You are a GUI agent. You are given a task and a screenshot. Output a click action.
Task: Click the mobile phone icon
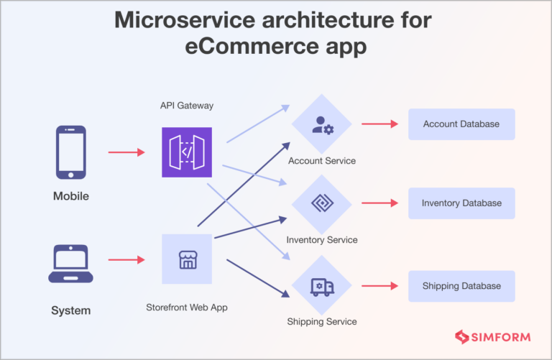tap(70, 152)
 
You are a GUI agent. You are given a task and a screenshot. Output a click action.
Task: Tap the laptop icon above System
tap(70, 264)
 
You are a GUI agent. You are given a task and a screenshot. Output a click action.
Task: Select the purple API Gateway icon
tap(187, 152)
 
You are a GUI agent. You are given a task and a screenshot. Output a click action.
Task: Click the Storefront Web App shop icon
tap(187, 259)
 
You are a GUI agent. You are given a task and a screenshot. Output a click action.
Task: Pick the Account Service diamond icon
tap(321, 124)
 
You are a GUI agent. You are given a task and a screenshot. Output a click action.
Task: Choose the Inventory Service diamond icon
tap(321, 204)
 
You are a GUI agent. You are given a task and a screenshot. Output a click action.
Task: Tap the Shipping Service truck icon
tap(321, 286)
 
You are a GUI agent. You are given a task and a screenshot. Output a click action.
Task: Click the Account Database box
tap(461, 124)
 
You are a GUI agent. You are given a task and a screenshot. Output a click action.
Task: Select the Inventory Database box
tap(461, 203)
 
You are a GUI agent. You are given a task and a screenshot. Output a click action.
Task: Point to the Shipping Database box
tap(461, 286)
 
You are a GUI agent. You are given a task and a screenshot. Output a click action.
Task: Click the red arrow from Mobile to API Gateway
tap(126, 152)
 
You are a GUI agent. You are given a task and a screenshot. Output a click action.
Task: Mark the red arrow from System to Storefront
tap(126, 259)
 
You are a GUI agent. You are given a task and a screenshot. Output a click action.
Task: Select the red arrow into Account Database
tap(379, 124)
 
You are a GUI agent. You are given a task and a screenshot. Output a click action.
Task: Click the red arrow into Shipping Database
tap(379, 286)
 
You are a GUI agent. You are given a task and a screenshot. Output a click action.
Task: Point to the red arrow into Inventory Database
tap(379, 203)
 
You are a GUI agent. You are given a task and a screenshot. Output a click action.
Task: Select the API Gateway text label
tap(187, 106)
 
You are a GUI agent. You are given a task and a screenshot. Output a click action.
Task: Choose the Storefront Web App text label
tap(187, 308)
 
